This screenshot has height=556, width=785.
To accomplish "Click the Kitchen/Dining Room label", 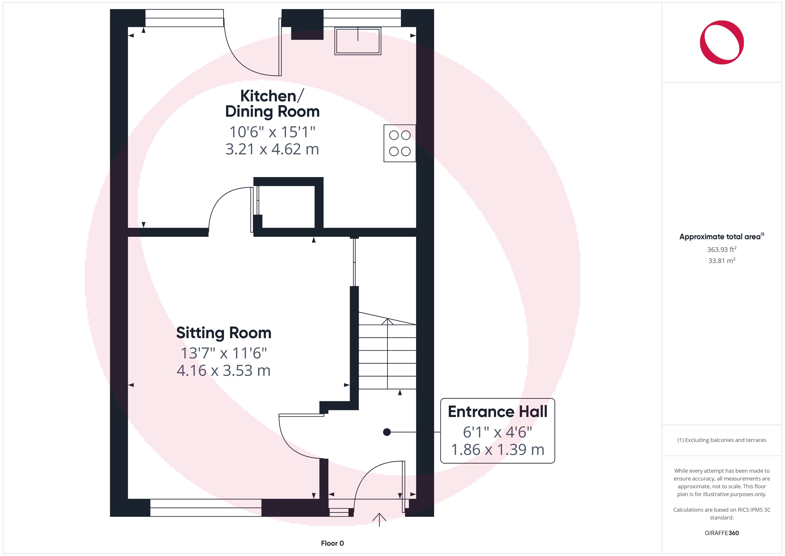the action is (x=272, y=104).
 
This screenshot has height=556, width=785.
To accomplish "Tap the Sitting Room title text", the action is (x=224, y=333).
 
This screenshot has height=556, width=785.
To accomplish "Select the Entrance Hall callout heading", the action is (x=498, y=411).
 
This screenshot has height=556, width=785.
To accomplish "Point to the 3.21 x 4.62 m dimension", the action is (x=272, y=149).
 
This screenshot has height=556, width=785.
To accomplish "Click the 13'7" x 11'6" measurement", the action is (x=224, y=353).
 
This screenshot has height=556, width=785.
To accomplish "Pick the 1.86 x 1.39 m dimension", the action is (x=498, y=450).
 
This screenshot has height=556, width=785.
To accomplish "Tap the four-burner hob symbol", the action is (x=400, y=143).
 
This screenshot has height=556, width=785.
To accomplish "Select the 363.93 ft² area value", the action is (x=722, y=249).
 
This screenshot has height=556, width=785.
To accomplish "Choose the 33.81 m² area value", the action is (x=722, y=261).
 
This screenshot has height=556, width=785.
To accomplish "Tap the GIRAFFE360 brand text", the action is (x=722, y=533).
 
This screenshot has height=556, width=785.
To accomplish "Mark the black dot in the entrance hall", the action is (x=387, y=432).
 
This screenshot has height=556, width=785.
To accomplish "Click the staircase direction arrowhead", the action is (x=387, y=321).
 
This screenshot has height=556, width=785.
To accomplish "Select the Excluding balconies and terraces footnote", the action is (x=722, y=440).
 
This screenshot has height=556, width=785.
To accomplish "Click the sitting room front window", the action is (x=206, y=508).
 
